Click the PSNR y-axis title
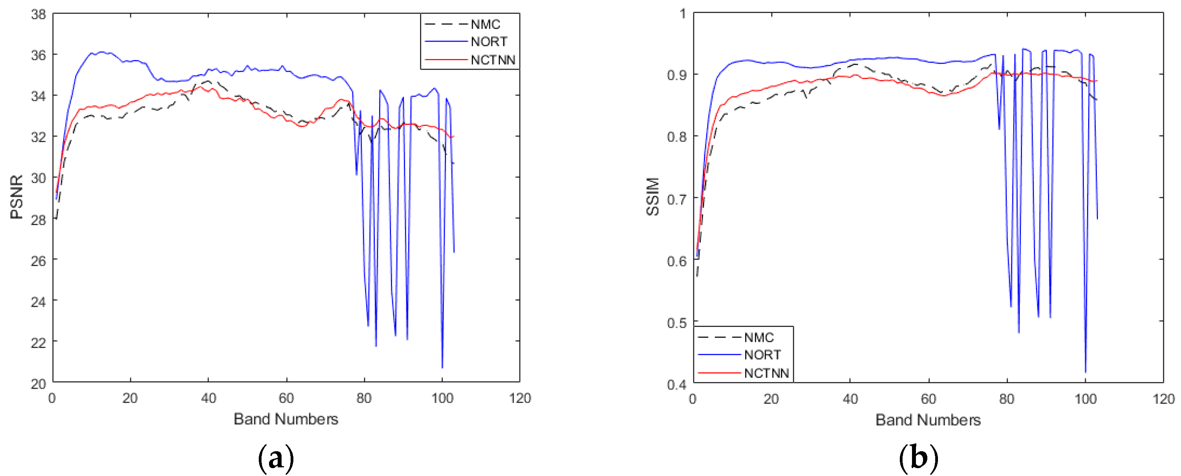click(x=17, y=197)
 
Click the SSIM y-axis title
click(x=652, y=197)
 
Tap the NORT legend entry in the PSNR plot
click(x=489, y=42)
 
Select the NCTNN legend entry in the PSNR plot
click(x=493, y=60)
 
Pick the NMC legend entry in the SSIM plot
click(x=759, y=338)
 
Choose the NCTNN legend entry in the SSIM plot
click(x=766, y=373)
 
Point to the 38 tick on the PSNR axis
click(x=39, y=14)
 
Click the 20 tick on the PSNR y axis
click(x=39, y=384)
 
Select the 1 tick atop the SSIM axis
click(x=683, y=14)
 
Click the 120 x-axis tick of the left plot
click(x=520, y=398)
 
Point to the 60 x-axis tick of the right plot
click(x=929, y=399)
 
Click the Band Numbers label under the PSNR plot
click(x=286, y=419)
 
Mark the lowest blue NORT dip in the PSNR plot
click(x=442, y=367)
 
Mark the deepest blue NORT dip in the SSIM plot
click(x=1085, y=372)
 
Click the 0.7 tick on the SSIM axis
click(x=677, y=199)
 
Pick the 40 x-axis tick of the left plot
click(x=208, y=398)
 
